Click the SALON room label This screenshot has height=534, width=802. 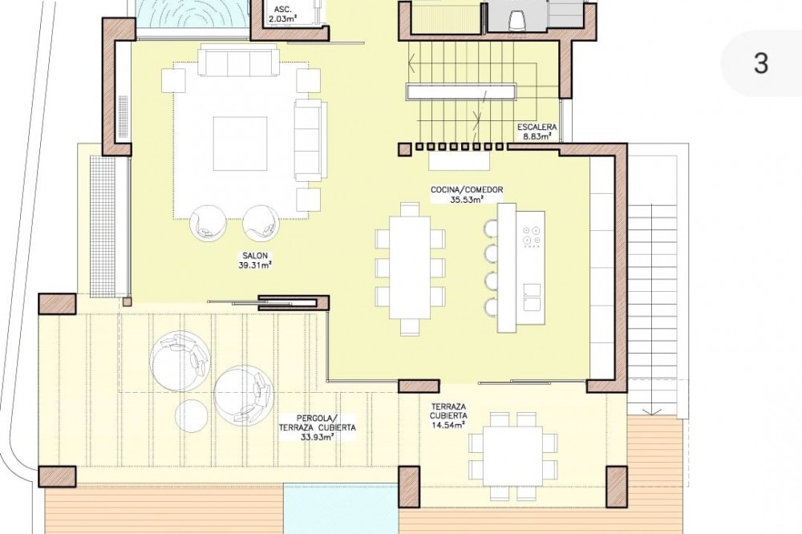tap(255, 256)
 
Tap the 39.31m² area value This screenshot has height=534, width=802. tap(255, 265)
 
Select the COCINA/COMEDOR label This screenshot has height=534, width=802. tap(467, 190)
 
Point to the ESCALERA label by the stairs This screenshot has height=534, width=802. tap(537, 127)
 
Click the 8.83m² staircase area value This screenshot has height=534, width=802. tap(537, 136)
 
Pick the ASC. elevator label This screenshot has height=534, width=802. tap(283, 10)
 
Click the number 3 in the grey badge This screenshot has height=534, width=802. tap(761, 63)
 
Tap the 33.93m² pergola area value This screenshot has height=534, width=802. tap(318, 437)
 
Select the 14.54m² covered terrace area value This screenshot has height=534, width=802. tap(448, 424)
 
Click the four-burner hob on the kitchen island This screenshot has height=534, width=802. tap(532, 237)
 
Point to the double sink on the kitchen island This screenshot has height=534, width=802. tap(532, 297)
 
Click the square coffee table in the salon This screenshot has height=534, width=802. tap(241, 144)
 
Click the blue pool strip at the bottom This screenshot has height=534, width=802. tap(341, 509)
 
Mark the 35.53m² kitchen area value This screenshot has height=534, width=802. tap(467, 199)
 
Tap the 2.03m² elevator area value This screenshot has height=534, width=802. tap(283, 19)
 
